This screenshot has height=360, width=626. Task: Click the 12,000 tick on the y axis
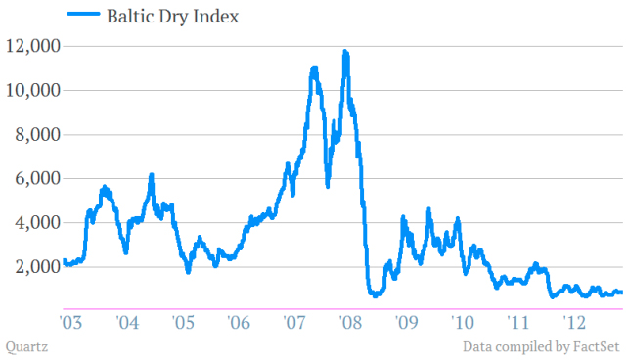tap(32, 46)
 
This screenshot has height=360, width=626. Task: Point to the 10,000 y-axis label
tap(32, 90)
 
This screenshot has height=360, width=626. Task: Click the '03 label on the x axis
tap(70, 321)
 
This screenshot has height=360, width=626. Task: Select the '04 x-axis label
tap(126, 321)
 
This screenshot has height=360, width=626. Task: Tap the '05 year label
tap(182, 321)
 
